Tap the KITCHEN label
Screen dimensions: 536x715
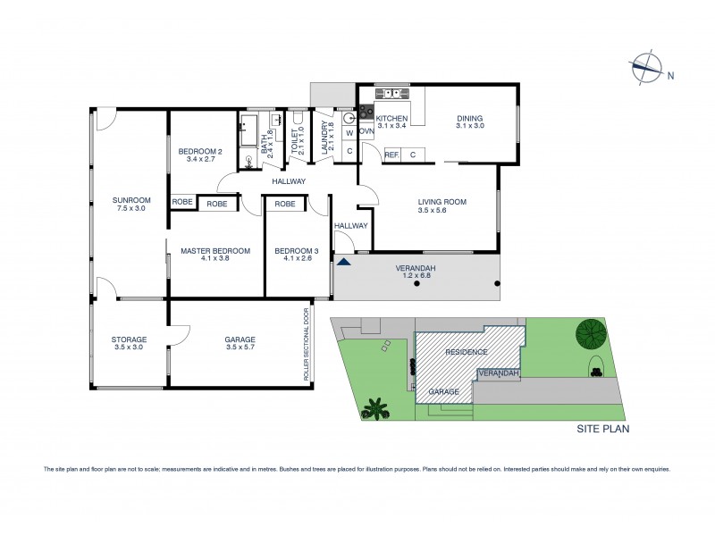(x=391, y=119)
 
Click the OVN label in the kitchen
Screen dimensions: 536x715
(x=366, y=131)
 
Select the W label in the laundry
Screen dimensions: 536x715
(x=349, y=132)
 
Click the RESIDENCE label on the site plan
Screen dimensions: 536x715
(x=466, y=352)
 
